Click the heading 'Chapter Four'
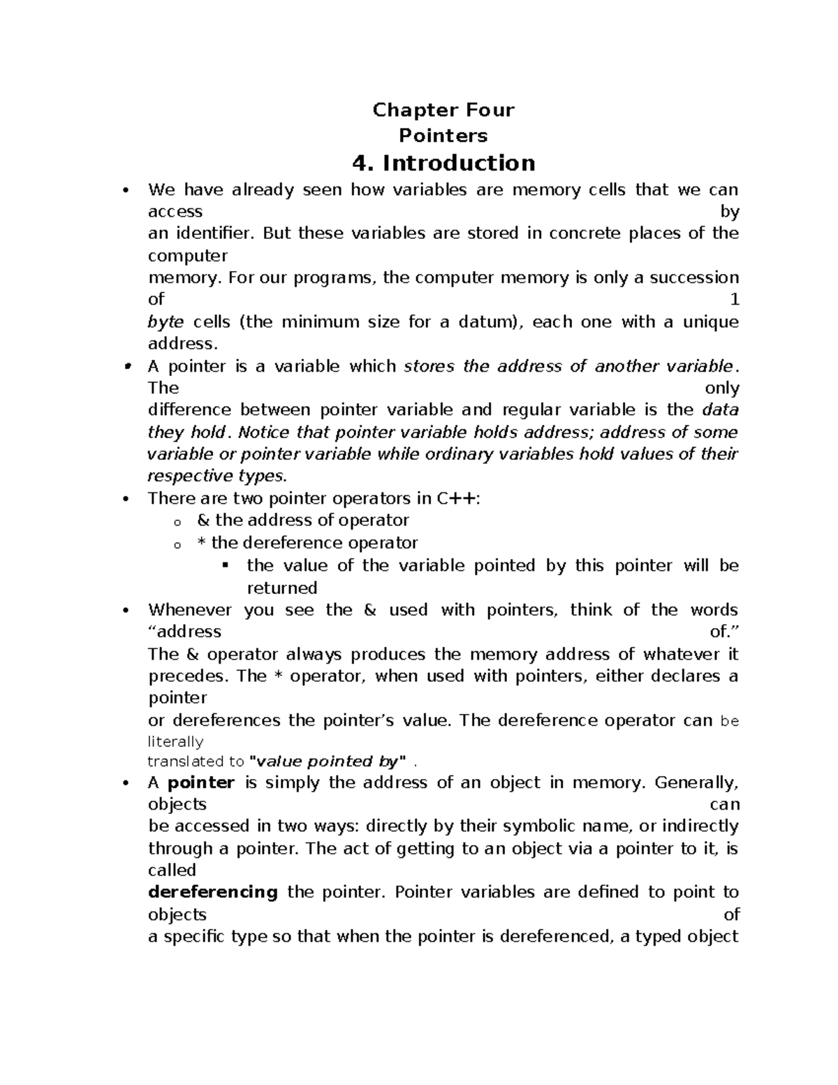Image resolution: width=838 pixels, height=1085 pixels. (x=443, y=110)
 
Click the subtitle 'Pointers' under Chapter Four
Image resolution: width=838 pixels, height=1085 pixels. (x=443, y=135)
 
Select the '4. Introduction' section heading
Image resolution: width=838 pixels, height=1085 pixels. (x=444, y=163)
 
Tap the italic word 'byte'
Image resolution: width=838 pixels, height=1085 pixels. (x=166, y=322)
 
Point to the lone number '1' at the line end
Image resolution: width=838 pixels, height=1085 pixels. (x=734, y=300)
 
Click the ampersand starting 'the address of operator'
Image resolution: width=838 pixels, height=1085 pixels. (x=203, y=520)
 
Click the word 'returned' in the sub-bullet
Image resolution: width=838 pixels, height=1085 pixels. (x=282, y=588)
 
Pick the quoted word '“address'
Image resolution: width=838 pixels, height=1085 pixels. (x=185, y=632)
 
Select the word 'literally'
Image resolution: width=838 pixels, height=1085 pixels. (x=175, y=741)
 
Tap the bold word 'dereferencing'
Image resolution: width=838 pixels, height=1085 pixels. (x=213, y=892)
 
